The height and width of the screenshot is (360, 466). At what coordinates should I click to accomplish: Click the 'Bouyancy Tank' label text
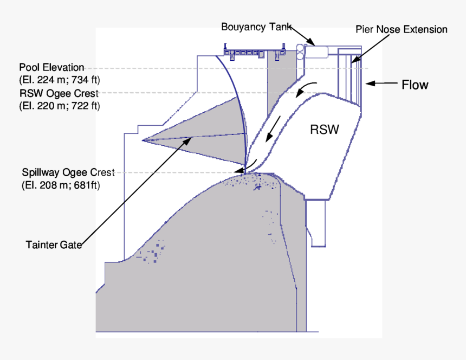tap(256, 27)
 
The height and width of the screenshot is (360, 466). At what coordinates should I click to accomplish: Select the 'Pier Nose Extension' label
tap(401, 29)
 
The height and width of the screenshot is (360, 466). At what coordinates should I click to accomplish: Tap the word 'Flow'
tap(415, 85)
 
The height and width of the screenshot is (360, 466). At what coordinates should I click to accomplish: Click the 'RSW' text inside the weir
tap(324, 130)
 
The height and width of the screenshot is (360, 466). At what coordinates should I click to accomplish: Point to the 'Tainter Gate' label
tap(54, 245)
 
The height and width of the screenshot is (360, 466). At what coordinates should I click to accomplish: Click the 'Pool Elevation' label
tap(51, 68)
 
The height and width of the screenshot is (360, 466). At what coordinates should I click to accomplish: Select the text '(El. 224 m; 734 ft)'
tap(59, 80)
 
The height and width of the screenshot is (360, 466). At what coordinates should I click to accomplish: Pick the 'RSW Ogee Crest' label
tap(59, 94)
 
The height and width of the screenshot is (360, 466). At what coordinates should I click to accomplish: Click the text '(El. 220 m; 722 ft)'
tap(59, 106)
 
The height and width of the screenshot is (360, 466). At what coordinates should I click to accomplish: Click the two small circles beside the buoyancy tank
tap(299, 52)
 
